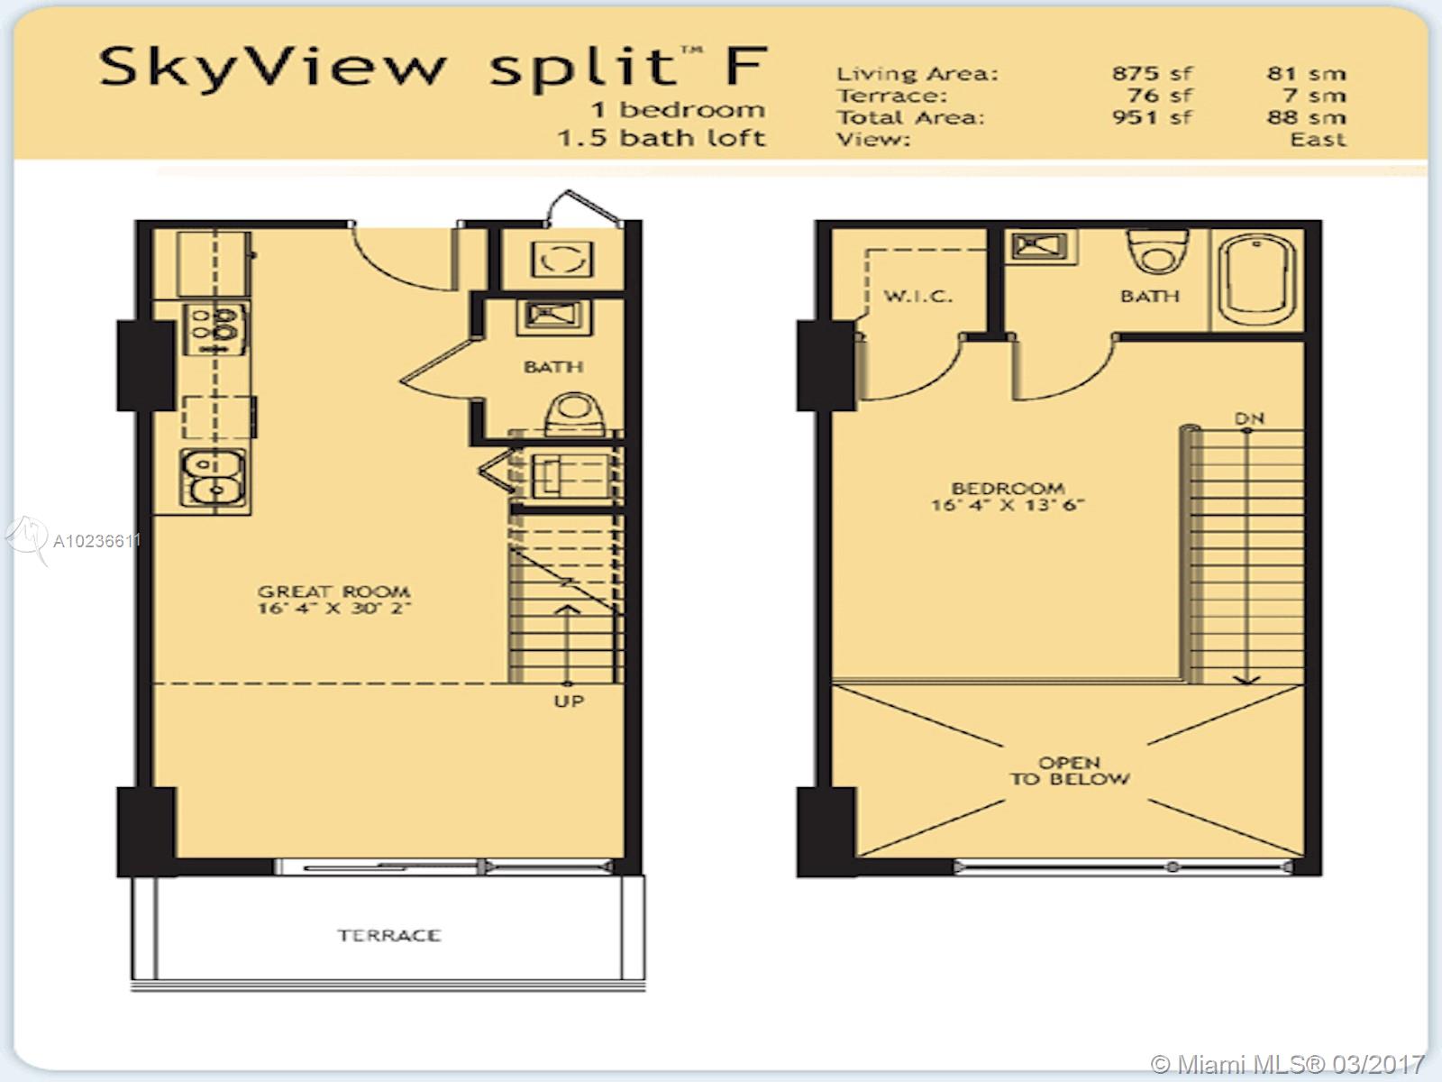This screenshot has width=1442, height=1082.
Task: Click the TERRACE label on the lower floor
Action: pos(389,935)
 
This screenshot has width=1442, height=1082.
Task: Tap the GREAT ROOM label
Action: pos(333,591)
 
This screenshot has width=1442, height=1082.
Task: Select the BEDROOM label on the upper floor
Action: pos(1008,488)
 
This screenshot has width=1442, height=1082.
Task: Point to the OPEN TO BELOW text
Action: pos(1070,771)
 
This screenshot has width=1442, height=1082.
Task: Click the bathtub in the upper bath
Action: pos(1256,281)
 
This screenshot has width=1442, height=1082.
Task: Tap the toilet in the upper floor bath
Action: pos(1157,251)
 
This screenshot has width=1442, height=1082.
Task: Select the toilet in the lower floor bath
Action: pos(574,415)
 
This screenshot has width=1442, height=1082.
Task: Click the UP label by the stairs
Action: pos(569,701)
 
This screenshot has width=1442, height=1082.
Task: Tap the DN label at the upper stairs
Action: pos(1249,418)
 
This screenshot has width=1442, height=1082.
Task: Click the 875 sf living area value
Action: pos(1153,73)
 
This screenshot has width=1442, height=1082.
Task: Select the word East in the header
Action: pos(1318,139)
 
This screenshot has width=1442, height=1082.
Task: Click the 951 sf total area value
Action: pos(1153,117)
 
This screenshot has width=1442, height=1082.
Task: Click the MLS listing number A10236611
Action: pos(96,541)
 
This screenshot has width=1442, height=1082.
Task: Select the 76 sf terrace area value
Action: pos(1160,96)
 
